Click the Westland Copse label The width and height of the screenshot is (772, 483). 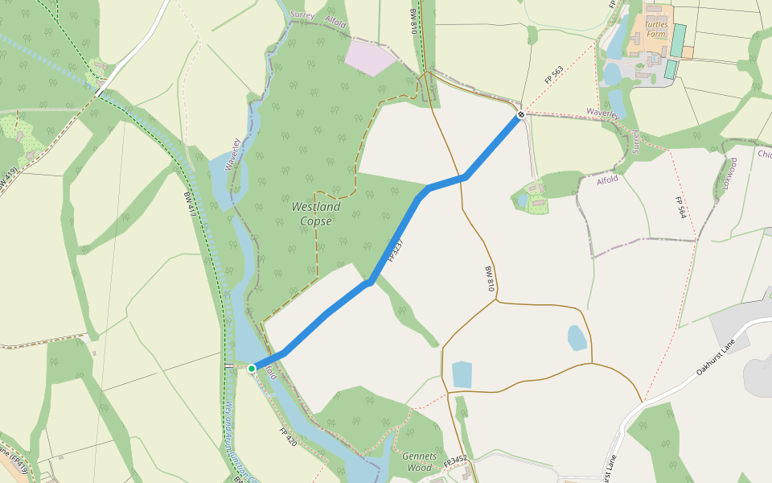(315, 213)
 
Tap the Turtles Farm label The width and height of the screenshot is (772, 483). (657, 29)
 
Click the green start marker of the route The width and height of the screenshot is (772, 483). (252, 369)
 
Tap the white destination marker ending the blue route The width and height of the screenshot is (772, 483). (521, 115)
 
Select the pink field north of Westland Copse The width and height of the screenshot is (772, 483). (370, 56)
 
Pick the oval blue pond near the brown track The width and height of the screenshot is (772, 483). (577, 337)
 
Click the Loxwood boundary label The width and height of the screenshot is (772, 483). (730, 173)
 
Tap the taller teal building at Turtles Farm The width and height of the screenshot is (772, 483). (679, 39)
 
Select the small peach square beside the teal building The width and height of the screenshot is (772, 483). (688, 52)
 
